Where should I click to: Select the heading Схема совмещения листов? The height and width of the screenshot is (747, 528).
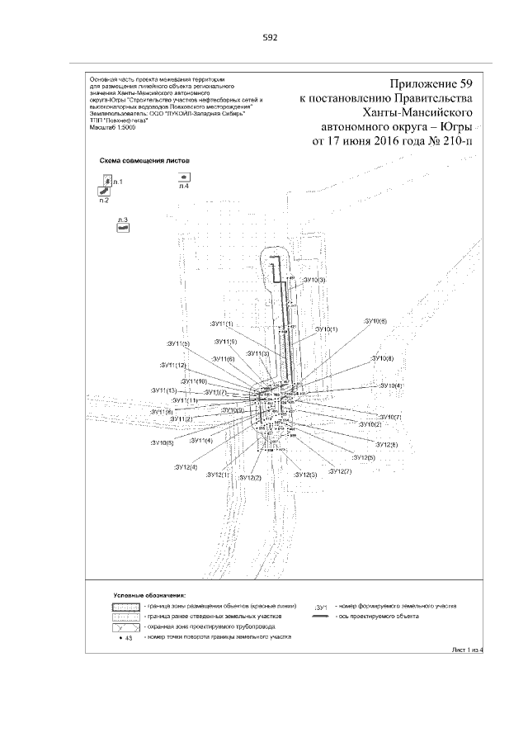pyautogui.click(x=144, y=163)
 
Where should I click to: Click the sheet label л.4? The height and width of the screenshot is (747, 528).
pyautogui.click(x=185, y=187)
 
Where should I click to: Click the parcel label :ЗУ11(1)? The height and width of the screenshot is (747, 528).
pyautogui.click(x=222, y=324)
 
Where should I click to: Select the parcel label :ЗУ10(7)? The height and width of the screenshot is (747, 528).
pyautogui.click(x=387, y=417)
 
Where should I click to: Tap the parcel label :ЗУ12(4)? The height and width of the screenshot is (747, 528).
pyautogui.click(x=186, y=468)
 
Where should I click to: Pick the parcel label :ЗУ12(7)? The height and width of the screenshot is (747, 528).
pyautogui.click(x=339, y=470)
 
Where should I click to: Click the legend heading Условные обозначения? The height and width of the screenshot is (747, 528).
pyautogui.click(x=149, y=594)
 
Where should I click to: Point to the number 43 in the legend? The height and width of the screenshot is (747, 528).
pyautogui.click(x=129, y=638)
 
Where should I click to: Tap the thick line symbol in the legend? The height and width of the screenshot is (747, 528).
pyautogui.click(x=320, y=617)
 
